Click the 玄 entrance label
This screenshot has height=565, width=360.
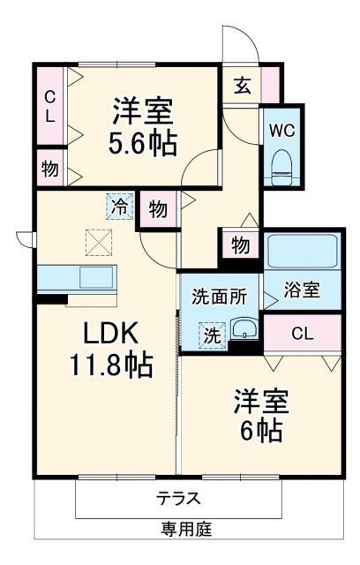242,86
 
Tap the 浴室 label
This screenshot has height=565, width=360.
302,290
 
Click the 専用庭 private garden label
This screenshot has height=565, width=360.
185,530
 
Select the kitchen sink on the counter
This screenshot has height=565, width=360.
95,277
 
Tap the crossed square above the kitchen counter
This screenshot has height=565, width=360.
97,240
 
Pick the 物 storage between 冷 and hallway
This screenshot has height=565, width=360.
157,210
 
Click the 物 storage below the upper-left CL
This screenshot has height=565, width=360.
49,168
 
